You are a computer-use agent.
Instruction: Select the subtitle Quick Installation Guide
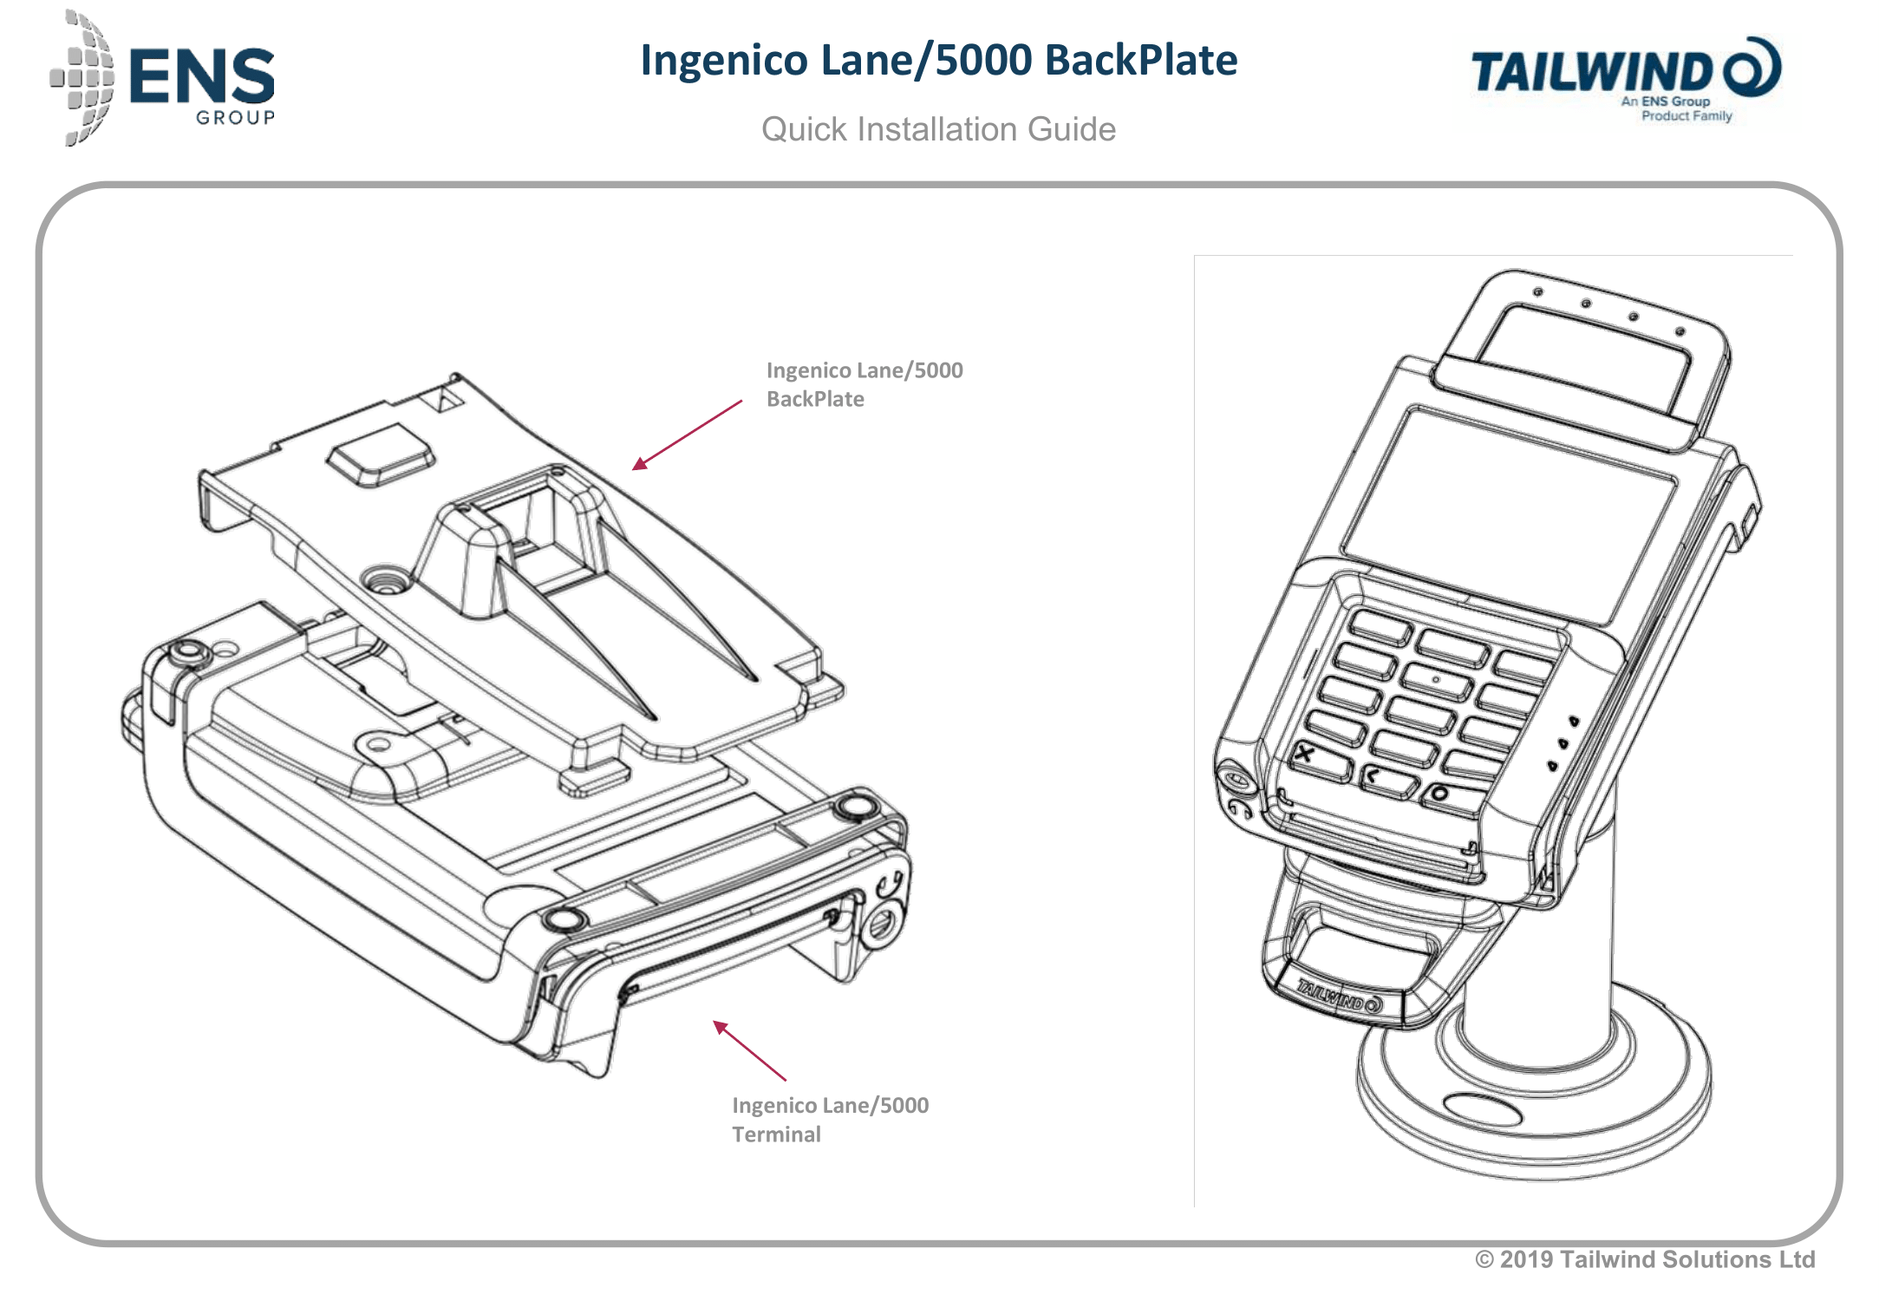(938, 130)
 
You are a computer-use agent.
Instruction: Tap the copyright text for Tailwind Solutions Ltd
(1645, 1259)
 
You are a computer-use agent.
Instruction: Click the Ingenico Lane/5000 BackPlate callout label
(864, 384)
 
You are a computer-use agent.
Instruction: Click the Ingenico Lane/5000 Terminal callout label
(829, 1120)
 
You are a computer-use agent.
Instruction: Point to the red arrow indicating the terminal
(749, 1051)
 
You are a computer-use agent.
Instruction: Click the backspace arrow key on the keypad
(1373, 774)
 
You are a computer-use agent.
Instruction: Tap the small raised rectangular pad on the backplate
(380, 453)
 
